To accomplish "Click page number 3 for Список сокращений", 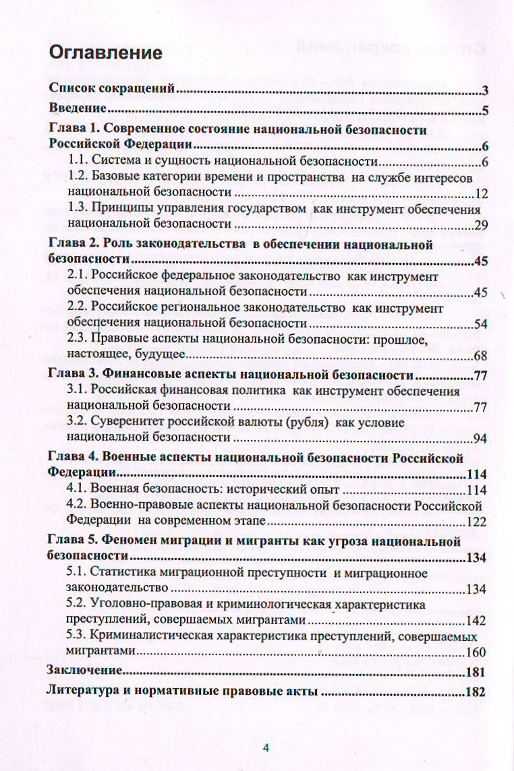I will [485, 92].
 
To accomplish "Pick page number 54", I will [480, 323].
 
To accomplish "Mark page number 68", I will [480, 356].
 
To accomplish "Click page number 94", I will [480, 439].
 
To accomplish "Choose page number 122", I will [477, 522].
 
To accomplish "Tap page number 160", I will [477, 652].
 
